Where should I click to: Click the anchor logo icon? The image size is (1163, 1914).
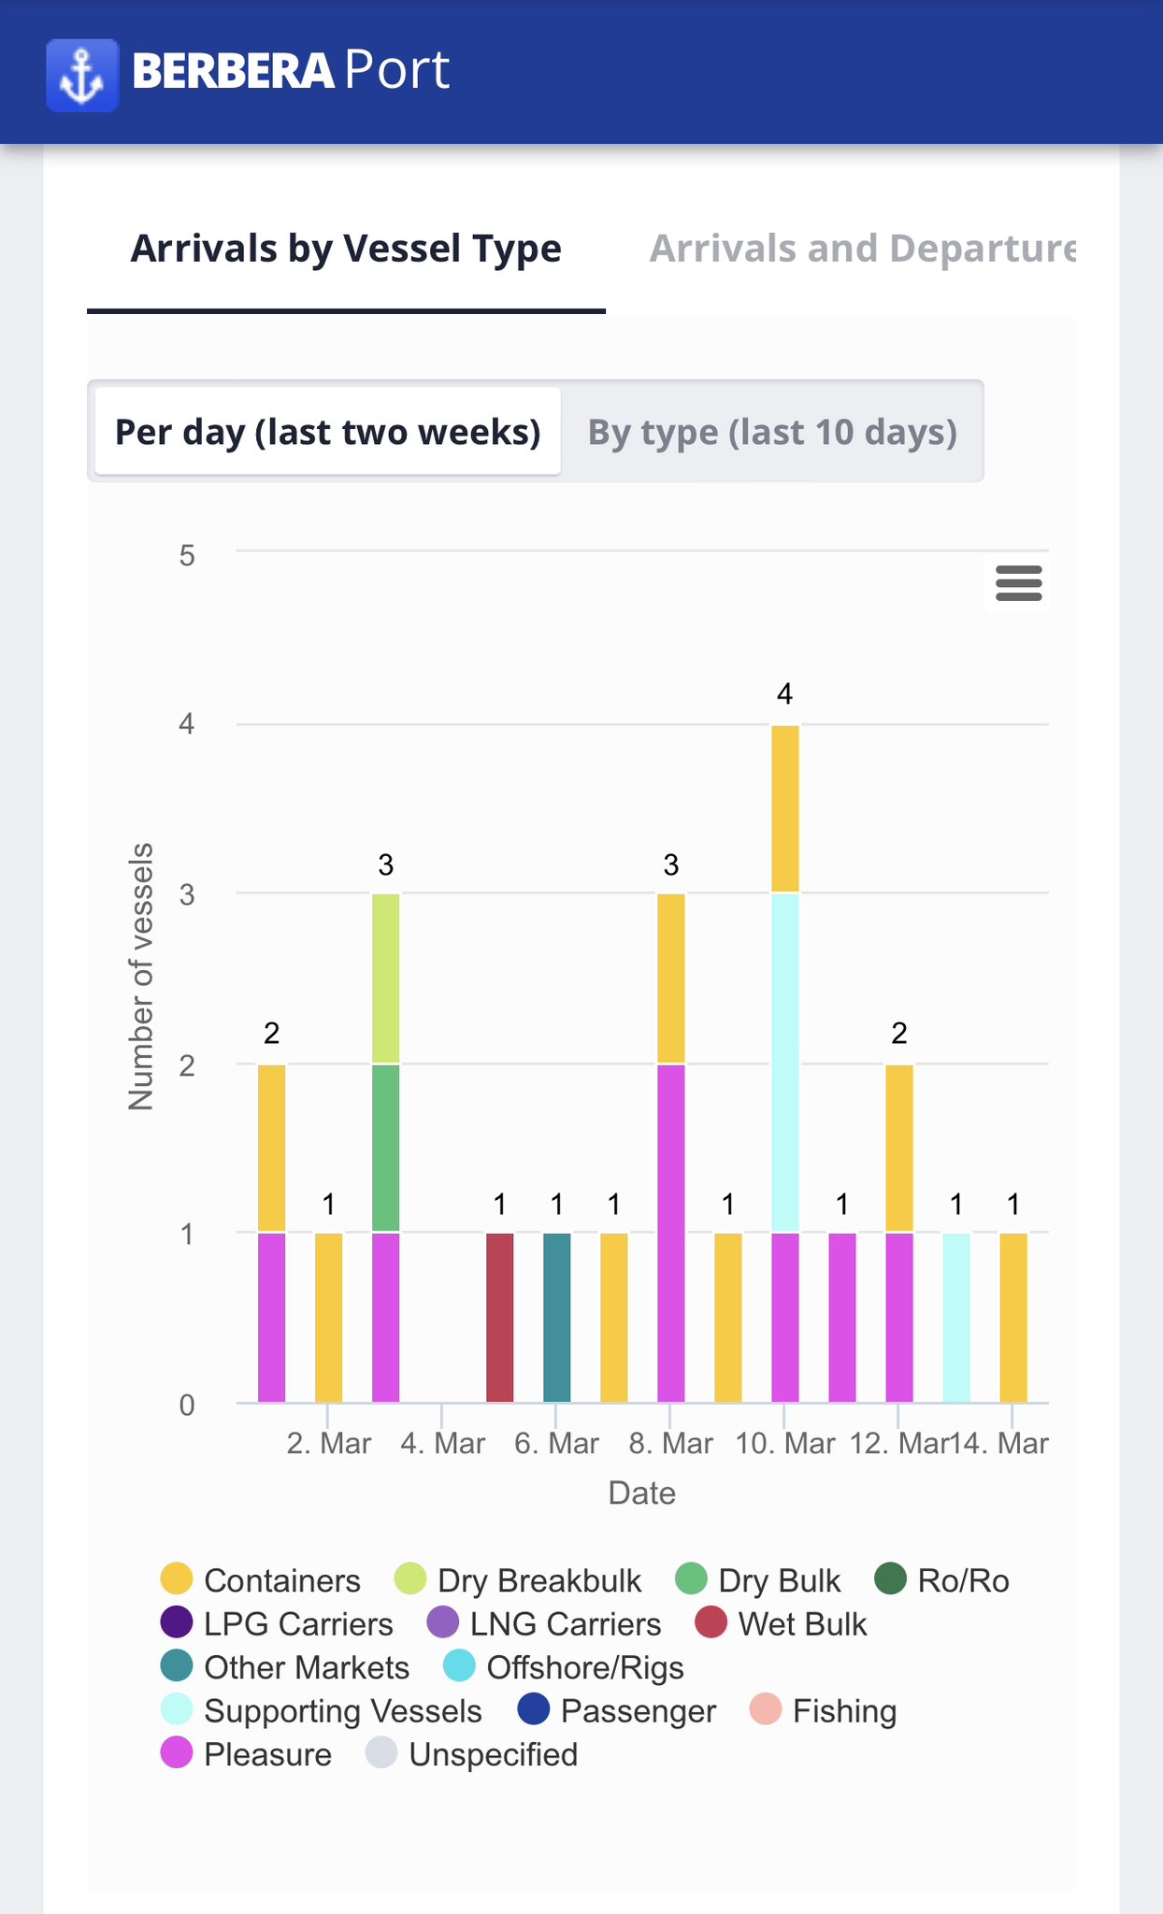pyautogui.click(x=82, y=75)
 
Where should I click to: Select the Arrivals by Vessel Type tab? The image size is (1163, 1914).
pyautogui.click(x=346, y=249)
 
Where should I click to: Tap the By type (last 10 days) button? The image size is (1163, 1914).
pyautogui.click(x=772, y=432)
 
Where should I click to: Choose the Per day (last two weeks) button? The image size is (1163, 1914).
pyautogui.click(x=328, y=432)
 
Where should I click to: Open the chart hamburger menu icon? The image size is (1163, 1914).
pyautogui.click(x=1018, y=583)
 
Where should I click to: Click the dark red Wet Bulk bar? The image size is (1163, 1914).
pyautogui.click(x=500, y=1317)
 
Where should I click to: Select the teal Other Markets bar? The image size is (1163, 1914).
pyautogui.click(x=557, y=1317)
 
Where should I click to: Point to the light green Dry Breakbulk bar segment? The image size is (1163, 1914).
pyautogui.click(x=386, y=978)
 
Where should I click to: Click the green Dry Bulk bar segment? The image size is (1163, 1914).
pyautogui.click(x=386, y=1148)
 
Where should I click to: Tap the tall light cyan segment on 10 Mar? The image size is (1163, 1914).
pyautogui.click(x=785, y=1063)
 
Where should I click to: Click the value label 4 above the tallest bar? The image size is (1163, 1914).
pyautogui.click(x=785, y=694)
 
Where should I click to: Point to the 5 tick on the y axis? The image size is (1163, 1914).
pyautogui.click(x=187, y=556)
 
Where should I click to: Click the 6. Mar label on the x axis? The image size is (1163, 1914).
pyautogui.click(x=556, y=1444)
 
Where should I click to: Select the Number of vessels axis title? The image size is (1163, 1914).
pyautogui.click(x=141, y=977)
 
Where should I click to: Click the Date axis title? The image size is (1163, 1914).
pyautogui.click(x=641, y=1493)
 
